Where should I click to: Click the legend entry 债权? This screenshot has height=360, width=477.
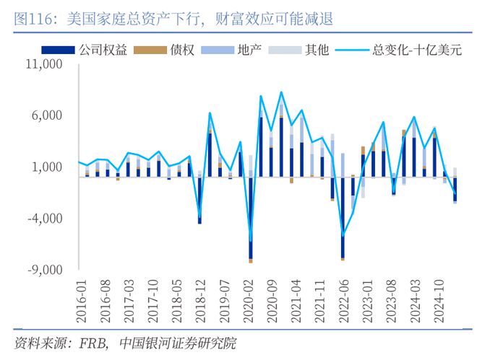(x=181, y=51)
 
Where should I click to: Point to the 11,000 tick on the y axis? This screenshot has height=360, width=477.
(x=46, y=64)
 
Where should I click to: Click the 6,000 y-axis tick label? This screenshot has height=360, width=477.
(x=48, y=115)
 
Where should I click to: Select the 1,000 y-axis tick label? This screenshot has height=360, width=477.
(x=48, y=167)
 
